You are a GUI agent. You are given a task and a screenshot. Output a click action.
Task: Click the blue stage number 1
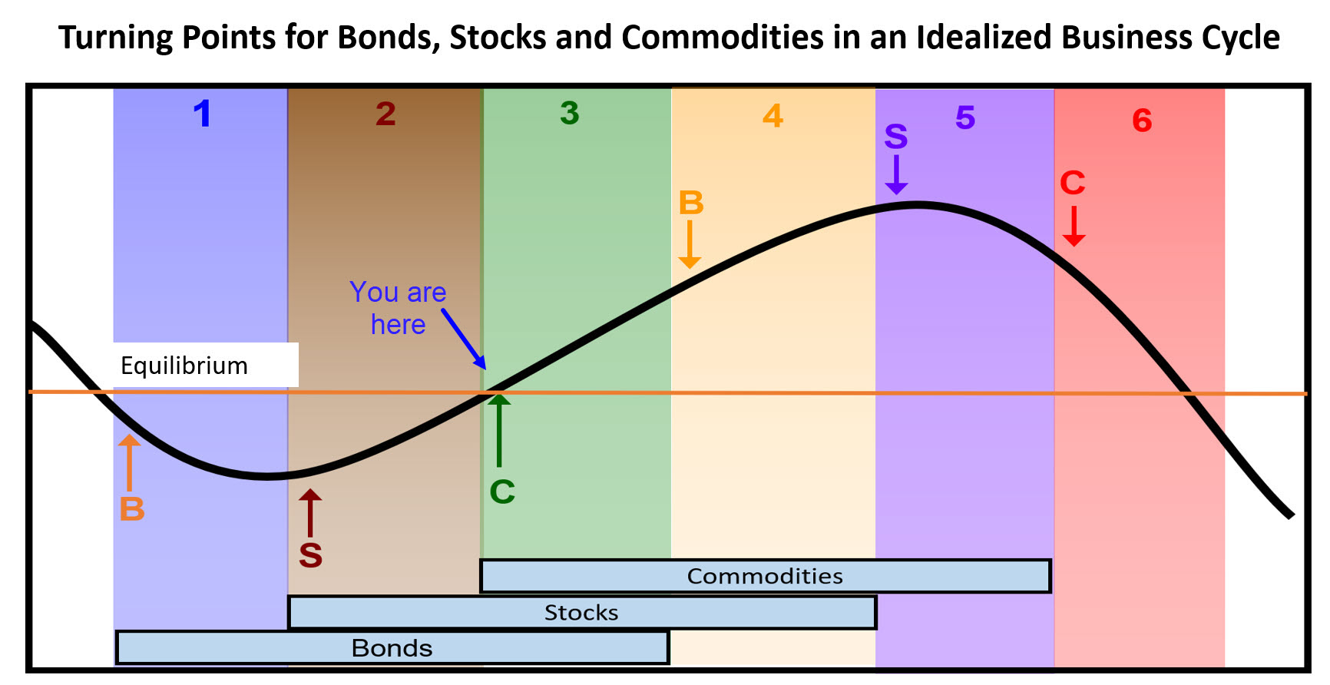pos(202,114)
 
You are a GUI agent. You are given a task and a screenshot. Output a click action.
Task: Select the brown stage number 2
pos(385,114)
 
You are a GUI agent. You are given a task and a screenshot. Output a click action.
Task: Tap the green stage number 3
pos(570,113)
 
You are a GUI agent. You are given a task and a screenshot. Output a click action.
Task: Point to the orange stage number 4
pos(773,116)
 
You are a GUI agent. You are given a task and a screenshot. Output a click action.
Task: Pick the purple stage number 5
pos(965,117)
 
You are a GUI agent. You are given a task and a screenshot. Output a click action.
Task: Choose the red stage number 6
pos(1142,121)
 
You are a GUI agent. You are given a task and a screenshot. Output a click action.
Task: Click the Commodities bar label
pos(765,576)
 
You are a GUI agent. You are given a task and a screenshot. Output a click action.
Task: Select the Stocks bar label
pos(581,613)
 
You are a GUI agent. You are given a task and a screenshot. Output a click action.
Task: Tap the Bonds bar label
pos(392,648)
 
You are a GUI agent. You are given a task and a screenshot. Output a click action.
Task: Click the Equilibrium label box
pos(206,365)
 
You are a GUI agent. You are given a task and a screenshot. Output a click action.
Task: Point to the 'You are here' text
pos(398,308)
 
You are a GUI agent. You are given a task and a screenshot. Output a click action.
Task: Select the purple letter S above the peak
pos(896,137)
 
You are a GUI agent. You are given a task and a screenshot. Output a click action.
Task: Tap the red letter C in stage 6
pos(1073,183)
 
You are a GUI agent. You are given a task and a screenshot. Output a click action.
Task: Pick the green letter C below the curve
pos(502,491)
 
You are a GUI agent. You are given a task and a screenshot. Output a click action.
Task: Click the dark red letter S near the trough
pos(310,554)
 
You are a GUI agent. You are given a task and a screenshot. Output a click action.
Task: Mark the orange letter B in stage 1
pos(132,508)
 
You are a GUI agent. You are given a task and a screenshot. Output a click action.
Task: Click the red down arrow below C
pos(1074,227)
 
